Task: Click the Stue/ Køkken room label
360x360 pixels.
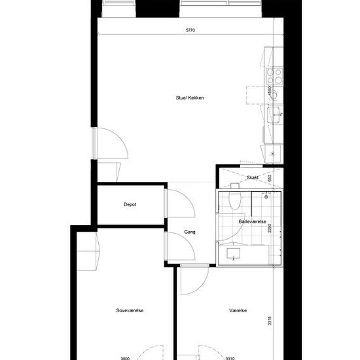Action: pos(190,98)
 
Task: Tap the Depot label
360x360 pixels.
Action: pos(130,204)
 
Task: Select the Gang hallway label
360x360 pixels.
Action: pos(190,232)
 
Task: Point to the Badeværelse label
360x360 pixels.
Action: pos(252,221)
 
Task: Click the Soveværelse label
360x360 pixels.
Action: pos(130,310)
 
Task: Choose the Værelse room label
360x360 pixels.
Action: pos(238,310)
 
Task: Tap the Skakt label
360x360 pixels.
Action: pos(252,177)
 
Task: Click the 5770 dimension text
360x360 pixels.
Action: pos(190,30)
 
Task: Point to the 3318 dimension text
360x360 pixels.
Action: pos(270,321)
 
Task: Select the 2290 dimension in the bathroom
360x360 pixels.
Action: pos(270,228)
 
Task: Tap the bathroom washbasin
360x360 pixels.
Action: pos(233,254)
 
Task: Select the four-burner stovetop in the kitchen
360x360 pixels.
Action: pos(274,76)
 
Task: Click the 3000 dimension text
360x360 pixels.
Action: pos(125,358)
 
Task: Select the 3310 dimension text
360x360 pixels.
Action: pos(230,358)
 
